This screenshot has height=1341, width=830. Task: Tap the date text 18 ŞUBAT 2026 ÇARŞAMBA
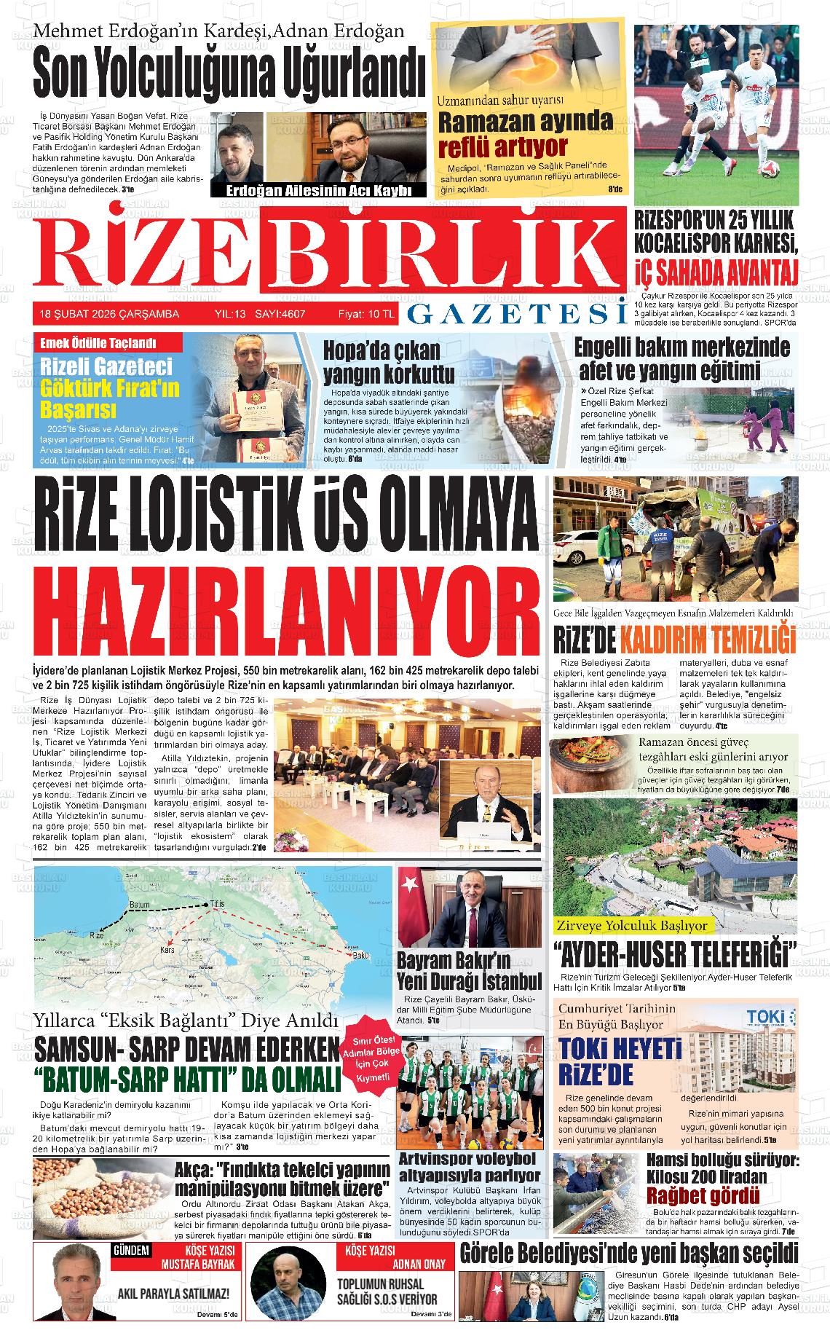(109, 314)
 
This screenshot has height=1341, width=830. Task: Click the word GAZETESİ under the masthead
(517, 313)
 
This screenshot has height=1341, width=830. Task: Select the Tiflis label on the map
(218, 904)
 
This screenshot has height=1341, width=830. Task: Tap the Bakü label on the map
(361, 955)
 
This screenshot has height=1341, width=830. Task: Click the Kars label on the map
(171, 951)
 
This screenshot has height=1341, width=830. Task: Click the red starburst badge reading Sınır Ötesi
(371, 1056)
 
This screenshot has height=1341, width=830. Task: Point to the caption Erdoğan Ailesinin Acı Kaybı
(315, 191)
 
